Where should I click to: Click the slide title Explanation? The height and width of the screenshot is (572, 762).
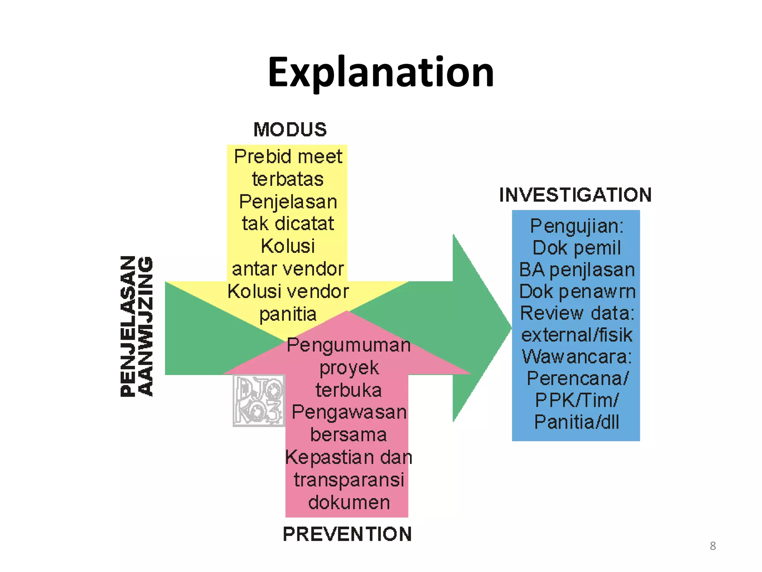click(381, 72)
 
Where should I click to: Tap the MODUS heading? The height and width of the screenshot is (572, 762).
click(290, 130)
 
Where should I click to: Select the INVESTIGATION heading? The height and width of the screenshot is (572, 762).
click(575, 195)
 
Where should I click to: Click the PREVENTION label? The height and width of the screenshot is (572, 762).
click(347, 534)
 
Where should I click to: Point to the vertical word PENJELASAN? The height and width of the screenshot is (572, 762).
click(128, 326)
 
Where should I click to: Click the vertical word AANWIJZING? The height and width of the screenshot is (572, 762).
click(145, 326)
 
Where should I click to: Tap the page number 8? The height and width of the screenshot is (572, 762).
click(713, 546)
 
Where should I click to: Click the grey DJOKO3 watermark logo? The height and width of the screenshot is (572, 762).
click(259, 401)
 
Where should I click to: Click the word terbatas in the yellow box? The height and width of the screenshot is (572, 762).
click(288, 179)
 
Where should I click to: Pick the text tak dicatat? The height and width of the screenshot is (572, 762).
click(288, 223)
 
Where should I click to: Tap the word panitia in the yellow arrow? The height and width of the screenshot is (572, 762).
click(288, 314)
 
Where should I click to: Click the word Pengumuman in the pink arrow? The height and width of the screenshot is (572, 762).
click(349, 345)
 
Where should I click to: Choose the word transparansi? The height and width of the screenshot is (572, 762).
click(349, 480)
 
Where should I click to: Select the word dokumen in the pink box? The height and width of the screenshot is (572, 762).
click(349, 502)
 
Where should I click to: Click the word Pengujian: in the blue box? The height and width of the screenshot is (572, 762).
click(576, 226)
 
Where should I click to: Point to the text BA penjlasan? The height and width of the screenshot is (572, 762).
click(576, 270)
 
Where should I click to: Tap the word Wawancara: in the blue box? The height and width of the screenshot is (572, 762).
click(576, 357)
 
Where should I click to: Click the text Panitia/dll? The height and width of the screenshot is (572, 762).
click(576, 422)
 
